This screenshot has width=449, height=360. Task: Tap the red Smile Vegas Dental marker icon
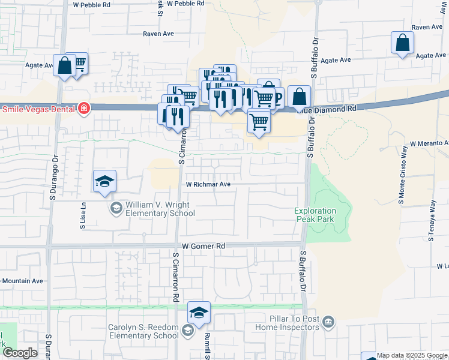click(85, 109)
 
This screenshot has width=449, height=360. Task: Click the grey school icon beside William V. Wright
click(116, 208)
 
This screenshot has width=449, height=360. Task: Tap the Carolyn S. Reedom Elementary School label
click(143, 332)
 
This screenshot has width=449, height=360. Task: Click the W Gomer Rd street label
click(203, 246)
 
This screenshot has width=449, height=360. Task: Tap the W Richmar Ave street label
click(208, 185)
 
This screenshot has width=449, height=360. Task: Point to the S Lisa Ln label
click(83, 215)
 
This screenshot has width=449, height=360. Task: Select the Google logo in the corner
click(20, 353)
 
